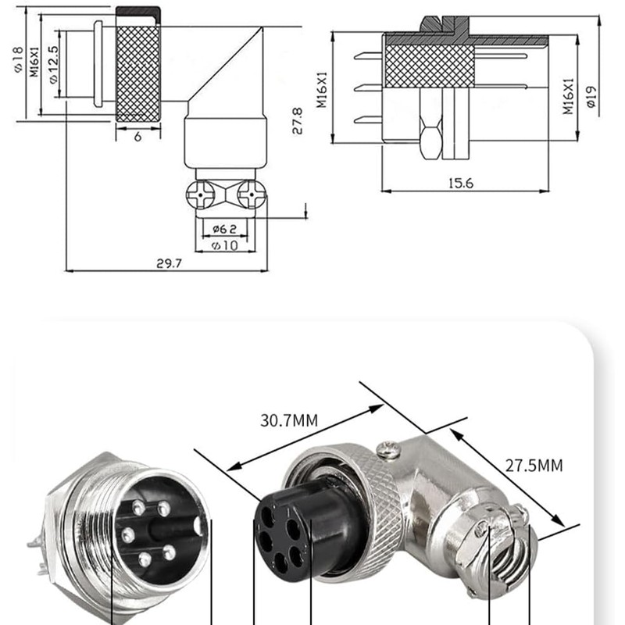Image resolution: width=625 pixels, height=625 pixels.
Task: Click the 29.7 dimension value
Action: (x=168, y=263)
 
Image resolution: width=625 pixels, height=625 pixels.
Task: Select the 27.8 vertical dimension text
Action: (x=298, y=121)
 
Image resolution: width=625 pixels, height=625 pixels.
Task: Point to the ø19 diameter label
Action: (x=591, y=95)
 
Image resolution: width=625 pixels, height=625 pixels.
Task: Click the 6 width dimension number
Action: (x=137, y=136)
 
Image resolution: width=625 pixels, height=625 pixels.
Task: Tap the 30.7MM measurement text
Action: (x=289, y=420)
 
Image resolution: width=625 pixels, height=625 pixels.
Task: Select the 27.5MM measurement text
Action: (x=534, y=466)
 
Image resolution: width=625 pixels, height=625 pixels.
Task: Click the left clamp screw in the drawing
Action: (x=201, y=194)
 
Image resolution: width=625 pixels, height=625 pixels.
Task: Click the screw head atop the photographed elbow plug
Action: (x=388, y=448)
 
